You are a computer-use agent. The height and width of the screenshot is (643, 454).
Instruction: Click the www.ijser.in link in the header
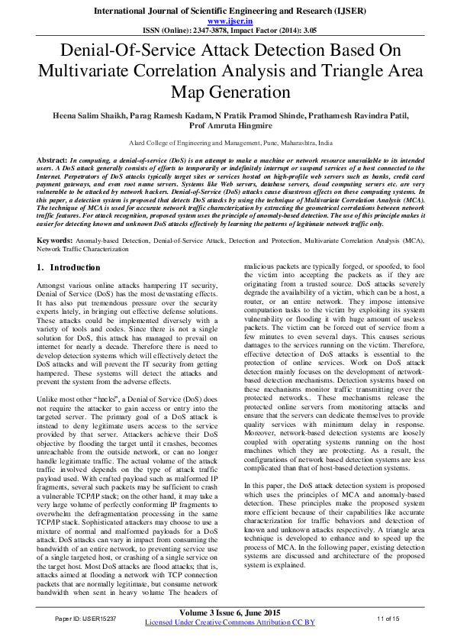tap(227, 22)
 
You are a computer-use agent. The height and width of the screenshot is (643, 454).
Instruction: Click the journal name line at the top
tap(227, 11)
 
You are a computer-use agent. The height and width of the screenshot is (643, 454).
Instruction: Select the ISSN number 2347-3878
tap(199, 31)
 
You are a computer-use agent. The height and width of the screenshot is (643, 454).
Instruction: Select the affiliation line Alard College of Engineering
tap(227, 143)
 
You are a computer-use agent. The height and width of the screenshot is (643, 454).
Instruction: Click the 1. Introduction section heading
tap(69, 247)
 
